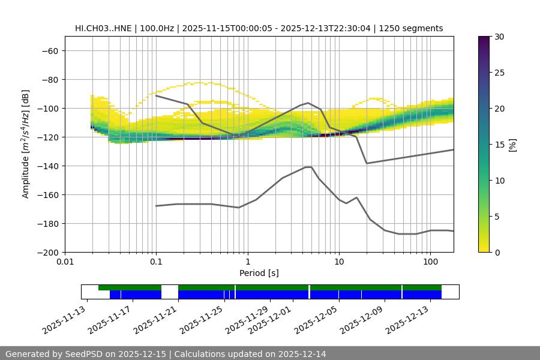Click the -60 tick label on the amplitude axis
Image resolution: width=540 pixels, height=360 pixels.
pos(49,51)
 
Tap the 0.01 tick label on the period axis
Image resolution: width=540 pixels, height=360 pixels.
pos(65,262)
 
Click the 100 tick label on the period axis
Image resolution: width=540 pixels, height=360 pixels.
pos(430,262)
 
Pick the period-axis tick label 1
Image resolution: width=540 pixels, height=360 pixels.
pos(247,262)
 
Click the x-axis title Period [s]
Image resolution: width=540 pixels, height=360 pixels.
pos(259,273)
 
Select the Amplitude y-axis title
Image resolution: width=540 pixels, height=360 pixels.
pos(26,144)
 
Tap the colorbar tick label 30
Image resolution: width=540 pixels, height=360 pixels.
pos(499,37)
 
